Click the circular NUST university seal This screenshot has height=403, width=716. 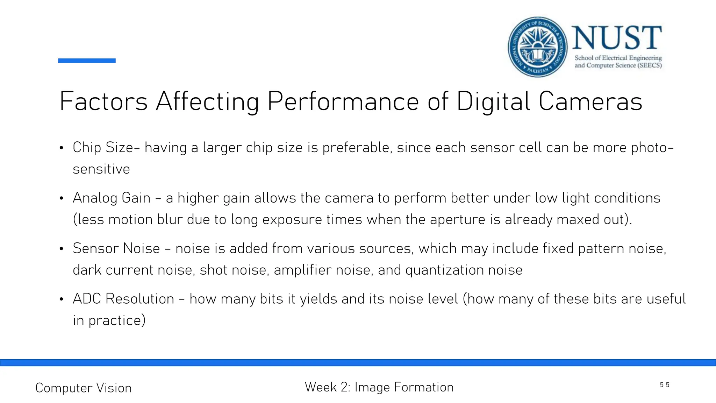[x=537, y=47]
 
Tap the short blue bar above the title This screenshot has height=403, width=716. [x=87, y=61]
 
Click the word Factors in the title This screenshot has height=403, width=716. [x=103, y=101]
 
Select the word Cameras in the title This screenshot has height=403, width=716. [x=590, y=101]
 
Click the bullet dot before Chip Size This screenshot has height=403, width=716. [x=62, y=148]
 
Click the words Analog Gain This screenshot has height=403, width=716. [x=112, y=198]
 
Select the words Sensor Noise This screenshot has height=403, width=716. [x=116, y=248]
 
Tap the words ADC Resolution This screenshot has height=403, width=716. [x=123, y=299]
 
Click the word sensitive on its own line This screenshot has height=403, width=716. [x=101, y=169]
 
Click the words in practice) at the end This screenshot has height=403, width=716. [x=109, y=320]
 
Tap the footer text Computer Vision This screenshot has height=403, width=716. [x=84, y=388]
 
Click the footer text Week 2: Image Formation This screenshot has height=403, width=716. [x=379, y=387]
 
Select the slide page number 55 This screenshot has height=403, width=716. [x=665, y=385]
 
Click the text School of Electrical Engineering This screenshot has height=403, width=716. [x=618, y=58]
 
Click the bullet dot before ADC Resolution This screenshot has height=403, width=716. [x=62, y=299]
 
